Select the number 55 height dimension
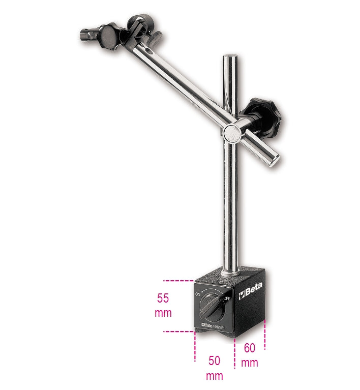(163, 298)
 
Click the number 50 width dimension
(214, 361)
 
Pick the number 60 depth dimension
(250, 348)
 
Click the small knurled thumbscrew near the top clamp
(156, 37)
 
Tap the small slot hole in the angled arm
(149, 52)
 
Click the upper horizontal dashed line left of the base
(178, 280)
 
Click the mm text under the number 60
(250, 363)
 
